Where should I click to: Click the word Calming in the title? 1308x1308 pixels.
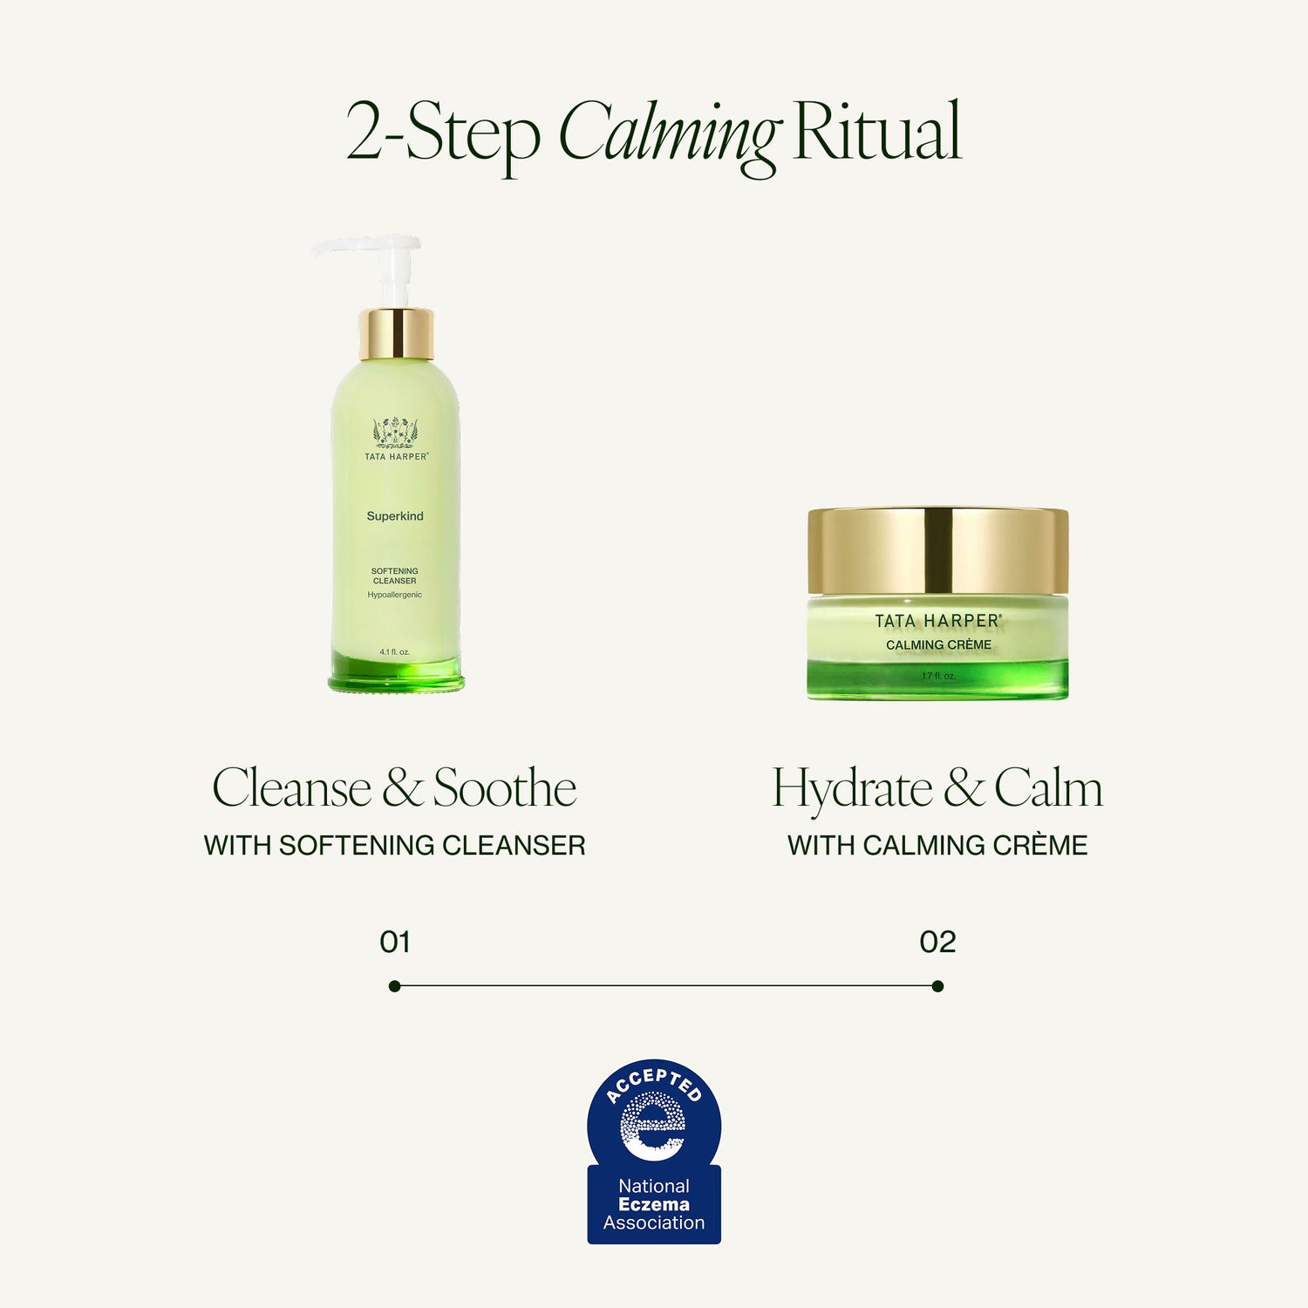tap(668, 133)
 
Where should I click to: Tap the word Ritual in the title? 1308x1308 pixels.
tap(876, 133)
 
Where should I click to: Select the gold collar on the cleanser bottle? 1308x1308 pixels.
tap(396, 333)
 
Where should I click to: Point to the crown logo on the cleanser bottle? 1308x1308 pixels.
tap(396, 432)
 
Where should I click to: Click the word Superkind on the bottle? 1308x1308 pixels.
tap(395, 516)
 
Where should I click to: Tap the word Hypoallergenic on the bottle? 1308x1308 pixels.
tap(395, 595)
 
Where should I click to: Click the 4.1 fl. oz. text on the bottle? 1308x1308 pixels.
tap(395, 652)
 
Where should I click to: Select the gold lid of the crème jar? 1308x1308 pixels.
tap(938, 549)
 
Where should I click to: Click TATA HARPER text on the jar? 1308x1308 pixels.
tap(938, 621)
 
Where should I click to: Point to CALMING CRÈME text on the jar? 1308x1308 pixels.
tap(938, 645)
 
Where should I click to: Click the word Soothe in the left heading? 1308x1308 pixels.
tap(505, 788)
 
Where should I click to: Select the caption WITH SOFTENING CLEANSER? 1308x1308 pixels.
tap(394, 845)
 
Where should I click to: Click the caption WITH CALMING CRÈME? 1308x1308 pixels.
tap(937, 845)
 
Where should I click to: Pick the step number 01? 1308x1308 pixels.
tap(395, 942)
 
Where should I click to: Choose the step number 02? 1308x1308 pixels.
tap(937, 942)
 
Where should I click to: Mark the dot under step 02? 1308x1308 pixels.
tap(937, 986)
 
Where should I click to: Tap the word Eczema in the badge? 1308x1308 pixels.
tap(654, 1204)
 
